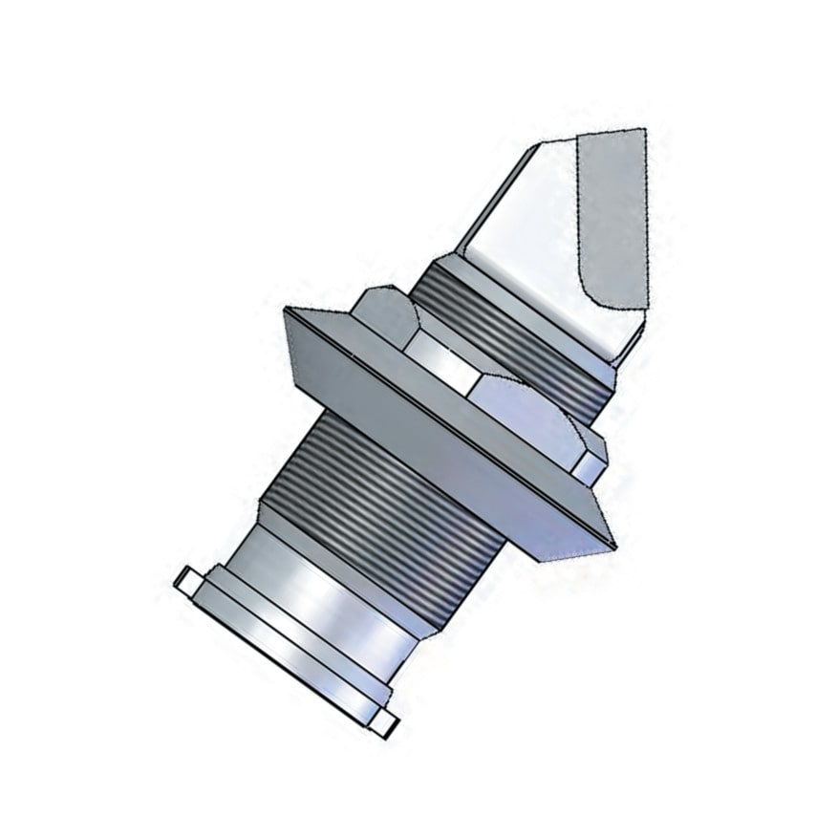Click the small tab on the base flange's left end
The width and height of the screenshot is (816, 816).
point(185,578)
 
